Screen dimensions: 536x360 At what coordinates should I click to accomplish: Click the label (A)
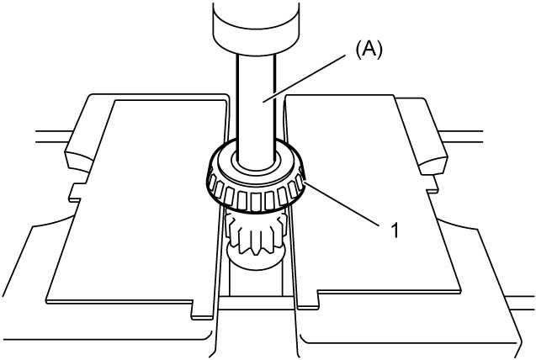[x=369, y=51]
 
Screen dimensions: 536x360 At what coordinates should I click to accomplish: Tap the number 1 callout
[x=395, y=230]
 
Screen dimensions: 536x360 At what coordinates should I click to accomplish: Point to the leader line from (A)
[x=303, y=78]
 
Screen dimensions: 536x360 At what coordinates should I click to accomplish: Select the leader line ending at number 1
[x=341, y=204]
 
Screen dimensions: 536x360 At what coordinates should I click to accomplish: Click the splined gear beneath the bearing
[x=256, y=232]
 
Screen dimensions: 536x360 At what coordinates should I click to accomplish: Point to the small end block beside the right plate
[x=433, y=163]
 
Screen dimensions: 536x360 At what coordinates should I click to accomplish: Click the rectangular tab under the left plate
[x=202, y=310]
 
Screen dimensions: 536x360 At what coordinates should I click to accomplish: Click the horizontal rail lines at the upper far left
[x=54, y=136]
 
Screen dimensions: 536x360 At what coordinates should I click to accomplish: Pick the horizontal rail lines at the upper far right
[x=460, y=136]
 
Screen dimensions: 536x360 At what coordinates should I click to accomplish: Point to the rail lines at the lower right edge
[x=519, y=304]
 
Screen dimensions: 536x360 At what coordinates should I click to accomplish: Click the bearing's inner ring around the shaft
[x=256, y=163]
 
